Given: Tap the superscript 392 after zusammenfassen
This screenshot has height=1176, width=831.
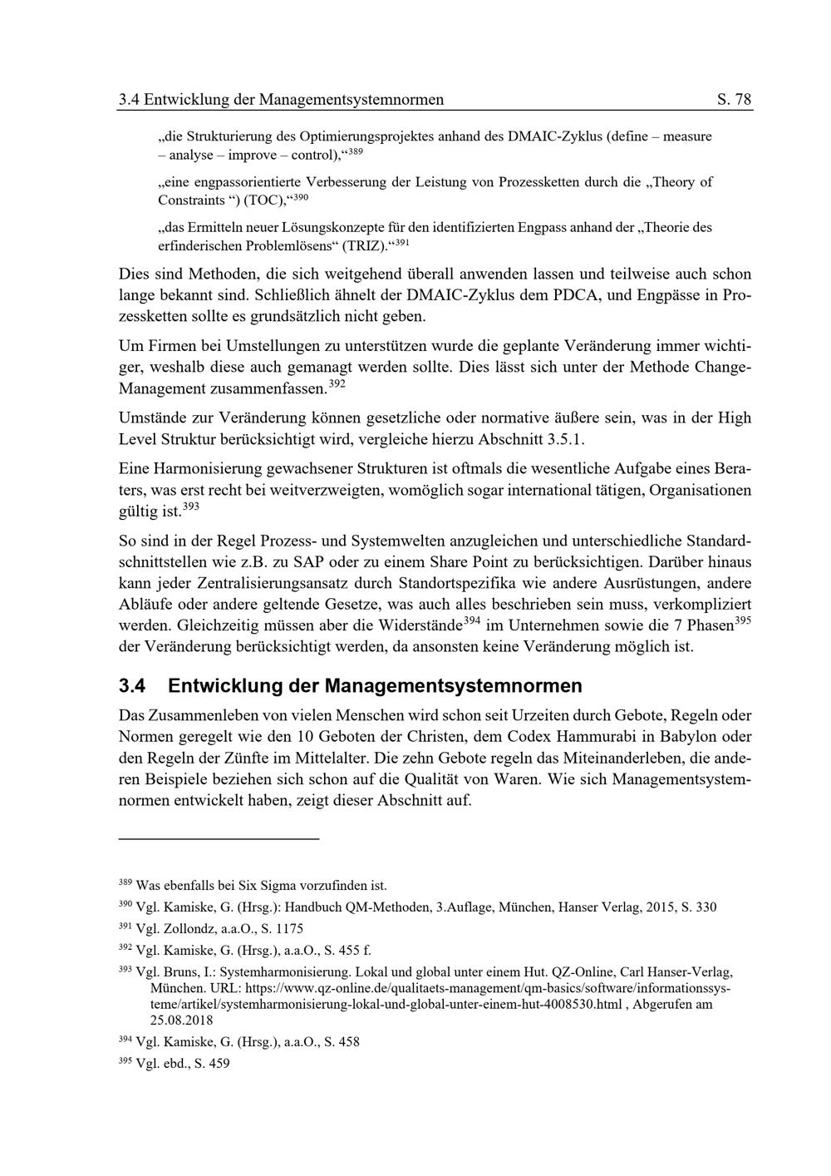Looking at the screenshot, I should click(337, 384).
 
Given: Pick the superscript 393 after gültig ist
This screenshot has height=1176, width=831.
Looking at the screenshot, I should click(190, 506).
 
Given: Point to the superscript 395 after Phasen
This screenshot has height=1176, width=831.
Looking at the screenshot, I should click(743, 620).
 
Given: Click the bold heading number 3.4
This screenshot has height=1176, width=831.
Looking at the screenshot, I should click(133, 686).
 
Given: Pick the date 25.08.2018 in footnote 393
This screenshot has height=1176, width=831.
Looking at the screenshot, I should click(181, 1020).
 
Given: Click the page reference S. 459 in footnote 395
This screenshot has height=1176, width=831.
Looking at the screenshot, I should click(212, 1063).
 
